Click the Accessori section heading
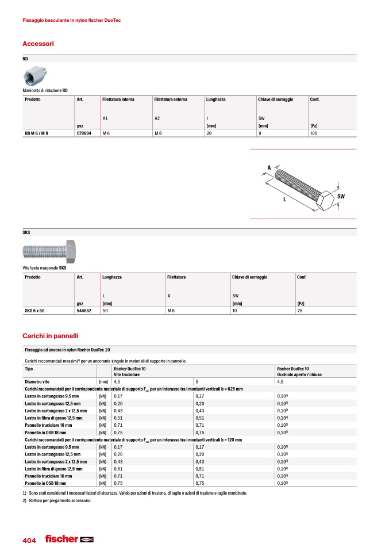pyautogui.click(x=38, y=44)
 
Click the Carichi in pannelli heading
pyautogui.click(x=50, y=335)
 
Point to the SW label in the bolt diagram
pyautogui.click(x=341, y=197)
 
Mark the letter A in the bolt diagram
pyautogui.click(x=268, y=168)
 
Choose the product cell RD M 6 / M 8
pyautogui.click(x=37, y=133)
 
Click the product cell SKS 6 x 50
pyautogui.click(x=35, y=311)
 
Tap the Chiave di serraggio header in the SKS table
pyautogui.click(x=249, y=277)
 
